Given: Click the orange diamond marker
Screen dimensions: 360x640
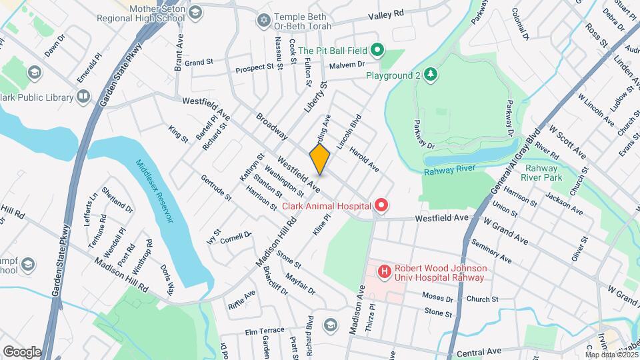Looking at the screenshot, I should click(320, 160).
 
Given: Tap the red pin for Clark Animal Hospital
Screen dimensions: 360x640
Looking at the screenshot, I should click(381, 206).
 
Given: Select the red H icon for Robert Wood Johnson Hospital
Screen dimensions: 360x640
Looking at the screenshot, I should click(384, 272).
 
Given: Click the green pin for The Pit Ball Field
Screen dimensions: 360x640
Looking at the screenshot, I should click(377, 50).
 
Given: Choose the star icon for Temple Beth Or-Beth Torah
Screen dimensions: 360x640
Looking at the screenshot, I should click(263, 21).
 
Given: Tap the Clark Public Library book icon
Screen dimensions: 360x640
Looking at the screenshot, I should click(83, 97).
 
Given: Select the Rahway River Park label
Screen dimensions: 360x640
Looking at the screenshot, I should click(543, 173).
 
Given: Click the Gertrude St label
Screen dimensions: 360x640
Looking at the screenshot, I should click(216, 188).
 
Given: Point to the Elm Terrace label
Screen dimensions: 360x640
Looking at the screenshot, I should click(265, 330).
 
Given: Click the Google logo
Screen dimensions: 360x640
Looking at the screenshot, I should click(22, 351).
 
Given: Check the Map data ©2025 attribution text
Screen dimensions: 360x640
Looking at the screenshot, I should click(610, 355).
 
